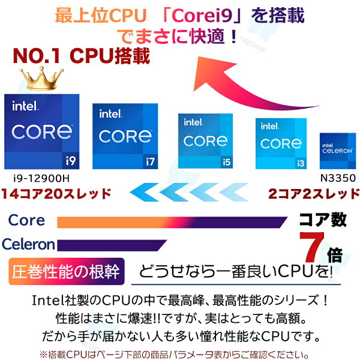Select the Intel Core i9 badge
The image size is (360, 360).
tap(41, 131)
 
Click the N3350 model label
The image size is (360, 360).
tap(338, 178)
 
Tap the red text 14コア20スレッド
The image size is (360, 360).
tap(56, 194)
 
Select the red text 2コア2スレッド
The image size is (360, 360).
tap(313, 194)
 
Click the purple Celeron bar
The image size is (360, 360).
tap(112, 244)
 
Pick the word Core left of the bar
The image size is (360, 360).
tap(26, 220)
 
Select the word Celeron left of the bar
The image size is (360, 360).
tap(28, 244)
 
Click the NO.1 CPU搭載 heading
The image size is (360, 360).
tap(81, 57)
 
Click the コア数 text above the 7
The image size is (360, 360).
tap(323, 220)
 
